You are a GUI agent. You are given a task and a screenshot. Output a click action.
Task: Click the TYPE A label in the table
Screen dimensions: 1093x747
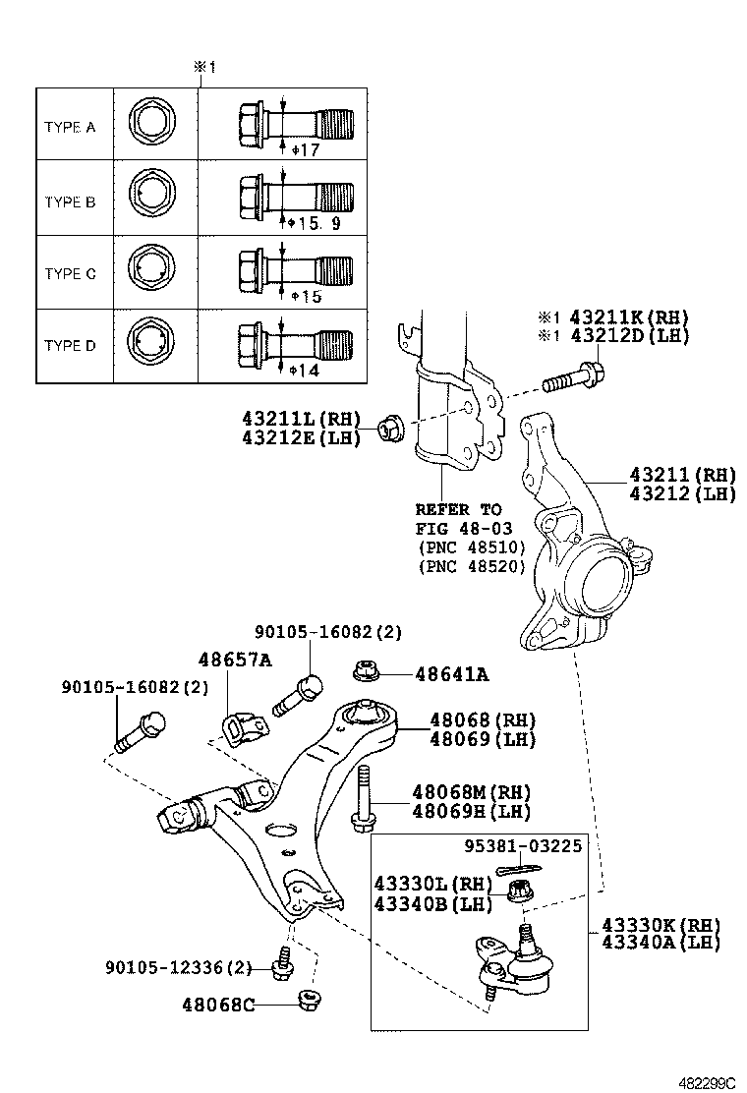pos(70,128)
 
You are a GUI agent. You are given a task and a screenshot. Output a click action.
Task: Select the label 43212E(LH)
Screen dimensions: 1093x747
pos(301,436)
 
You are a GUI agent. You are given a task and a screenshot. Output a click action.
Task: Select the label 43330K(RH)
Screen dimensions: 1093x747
pos(661,925)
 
